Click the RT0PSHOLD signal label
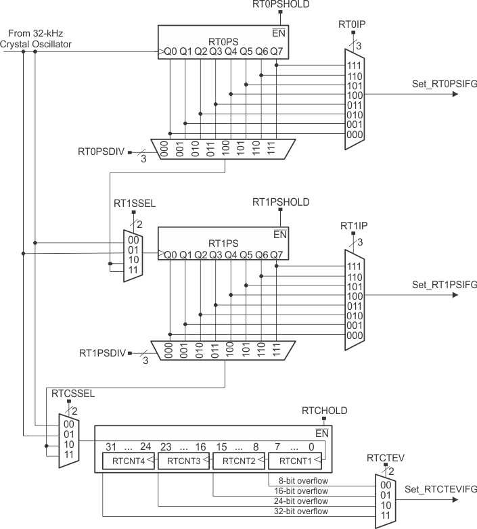click(x=280, y=5)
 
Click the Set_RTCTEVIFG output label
click(x=440, y=488)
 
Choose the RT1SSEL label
click(x=132, y=202)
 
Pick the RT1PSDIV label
click(x=101, y=352)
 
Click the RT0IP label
click(x=351, y=24)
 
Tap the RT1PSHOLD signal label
click(x=280, y=202)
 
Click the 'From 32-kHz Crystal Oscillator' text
click(x=37, y=39)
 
